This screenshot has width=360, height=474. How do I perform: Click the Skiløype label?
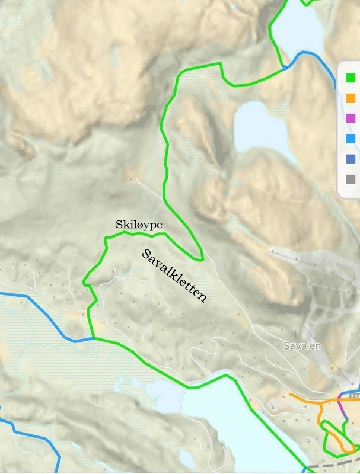pyautogui.click(x=139, y=225)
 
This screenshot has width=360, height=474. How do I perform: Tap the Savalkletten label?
pyautogui.click(x=174, y=275)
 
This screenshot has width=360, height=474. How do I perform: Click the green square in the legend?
pyautogui.click(x=350, y=77)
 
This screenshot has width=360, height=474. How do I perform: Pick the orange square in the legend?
pyautogui.click(x=350, y=97)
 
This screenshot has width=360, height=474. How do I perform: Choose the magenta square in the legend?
pyautogui.click(x=350, y=118)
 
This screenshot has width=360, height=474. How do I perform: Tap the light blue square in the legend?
pyautogui.click(x=350, y=138)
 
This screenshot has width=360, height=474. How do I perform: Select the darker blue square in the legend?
pyautogui.click(x=350, y=158)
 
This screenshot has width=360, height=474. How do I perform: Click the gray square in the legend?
pyautogui.click(x=350, y=178)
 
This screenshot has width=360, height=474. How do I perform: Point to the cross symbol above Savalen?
pyautogui.click(x=295, y=334)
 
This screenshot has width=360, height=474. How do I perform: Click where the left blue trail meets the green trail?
pyautogui.click(x=93, y=338)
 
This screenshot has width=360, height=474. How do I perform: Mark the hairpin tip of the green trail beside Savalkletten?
pyautogui.click(x=202, y=258)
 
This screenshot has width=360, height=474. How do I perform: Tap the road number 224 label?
pyautogui.click(x=355, y=396)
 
